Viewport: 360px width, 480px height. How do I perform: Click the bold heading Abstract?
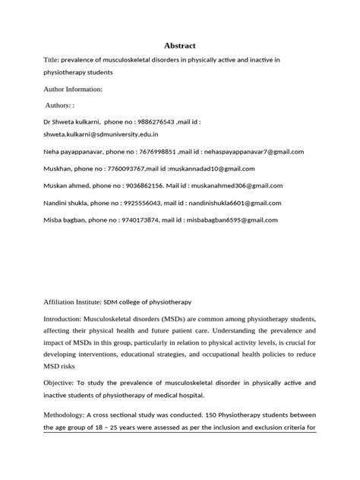pyautogui.click(x=180, y=46)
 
